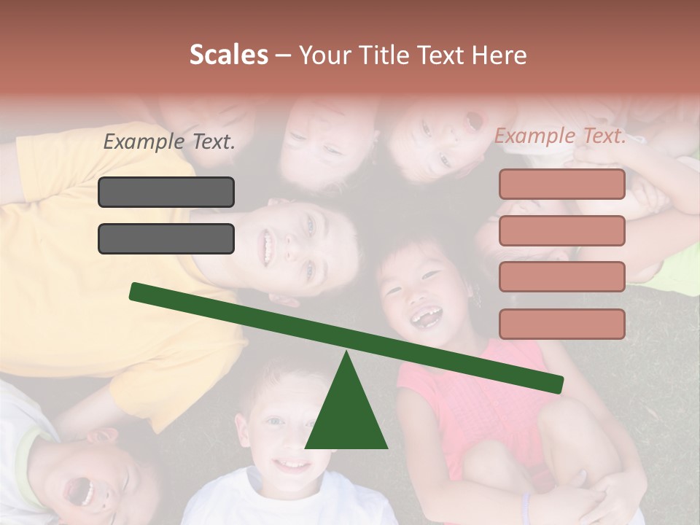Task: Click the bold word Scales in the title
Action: pos(229,55)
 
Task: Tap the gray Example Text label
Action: pos(169,142)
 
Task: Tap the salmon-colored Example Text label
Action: pos(560,136)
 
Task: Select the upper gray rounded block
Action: pos(166,192)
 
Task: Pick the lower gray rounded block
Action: pos(166,238)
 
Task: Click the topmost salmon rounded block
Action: pos(561,184)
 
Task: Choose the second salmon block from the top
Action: pos(561,230)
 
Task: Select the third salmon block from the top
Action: pos(561,277)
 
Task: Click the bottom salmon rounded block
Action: pos(561,324)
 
